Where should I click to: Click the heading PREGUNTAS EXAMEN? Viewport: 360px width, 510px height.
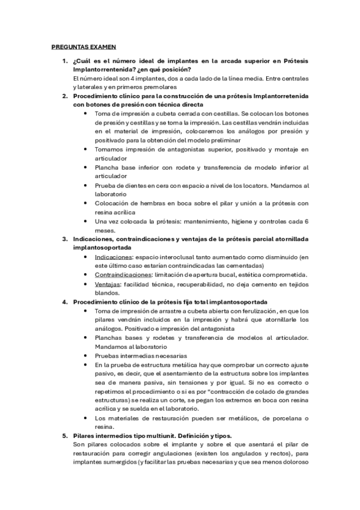coord(84,46)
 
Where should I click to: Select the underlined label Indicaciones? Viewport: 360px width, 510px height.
coord(114,257)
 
